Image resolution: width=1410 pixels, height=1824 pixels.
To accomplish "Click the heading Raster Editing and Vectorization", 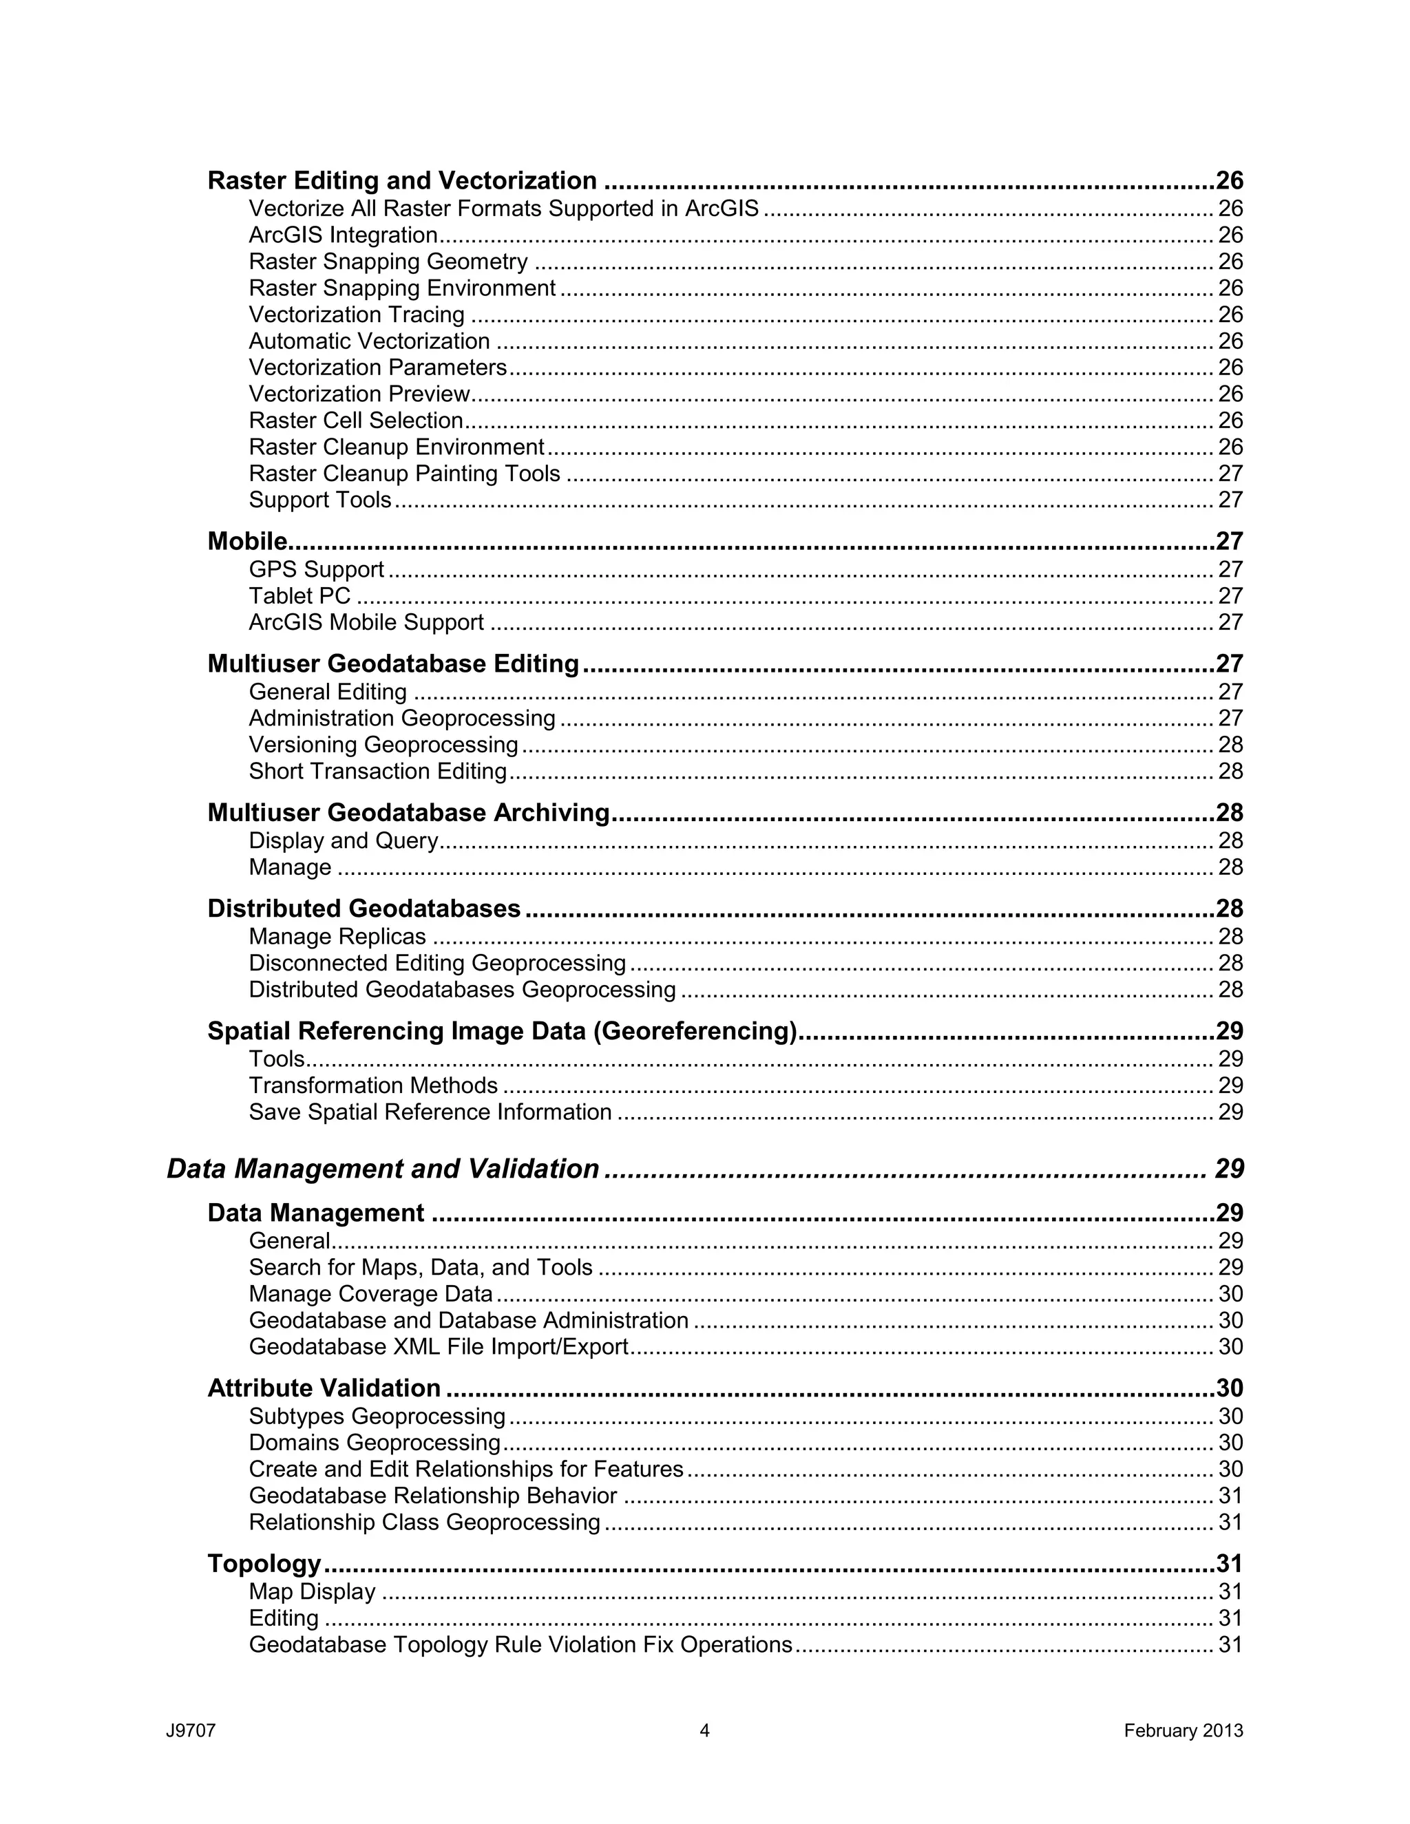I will tap(402, 180).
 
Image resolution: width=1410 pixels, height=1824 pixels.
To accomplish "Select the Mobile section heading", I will tap(247, 541).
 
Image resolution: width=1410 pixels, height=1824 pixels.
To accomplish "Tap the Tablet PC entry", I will tap(299, 595).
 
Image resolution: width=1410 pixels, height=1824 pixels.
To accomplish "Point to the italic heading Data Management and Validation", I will tap(383, 1169).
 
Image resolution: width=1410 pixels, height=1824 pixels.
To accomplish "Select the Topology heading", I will tap(264, 1562).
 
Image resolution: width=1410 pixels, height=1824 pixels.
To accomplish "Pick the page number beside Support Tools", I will tap(1230, 500).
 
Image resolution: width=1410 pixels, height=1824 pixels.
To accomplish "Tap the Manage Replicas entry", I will tap(337, 936).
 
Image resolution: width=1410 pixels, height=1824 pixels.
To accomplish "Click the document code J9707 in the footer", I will tap(191, 1730).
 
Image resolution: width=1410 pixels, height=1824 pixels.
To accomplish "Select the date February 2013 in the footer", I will tap(1183, 1730).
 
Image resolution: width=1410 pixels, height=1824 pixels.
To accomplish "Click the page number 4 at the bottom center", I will tap(704, 1730).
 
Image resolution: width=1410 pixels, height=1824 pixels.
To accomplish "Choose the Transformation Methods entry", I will tap(372, 1085).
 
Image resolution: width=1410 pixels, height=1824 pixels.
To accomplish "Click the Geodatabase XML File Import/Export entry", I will tap(438, 1346).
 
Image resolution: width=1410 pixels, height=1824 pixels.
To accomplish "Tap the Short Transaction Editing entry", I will tap(377, 771).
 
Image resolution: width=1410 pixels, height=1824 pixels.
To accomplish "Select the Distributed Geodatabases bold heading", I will tap(364, 908).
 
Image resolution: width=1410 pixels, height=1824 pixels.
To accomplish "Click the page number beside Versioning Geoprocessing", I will tap(1230, 744).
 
